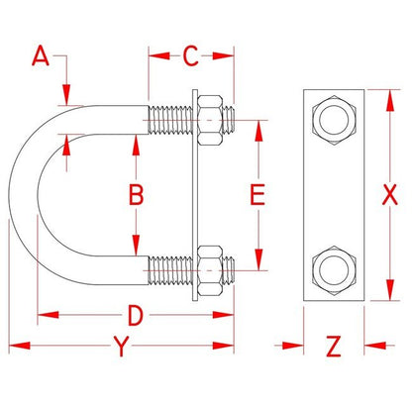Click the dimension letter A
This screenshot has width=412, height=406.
41,55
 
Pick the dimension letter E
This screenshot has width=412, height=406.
257,195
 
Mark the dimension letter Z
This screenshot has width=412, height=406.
334,347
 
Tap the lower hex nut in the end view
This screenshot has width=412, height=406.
334,267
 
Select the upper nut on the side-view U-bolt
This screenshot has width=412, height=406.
213,122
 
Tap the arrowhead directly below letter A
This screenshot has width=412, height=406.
66,98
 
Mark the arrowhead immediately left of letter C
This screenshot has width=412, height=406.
154,55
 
